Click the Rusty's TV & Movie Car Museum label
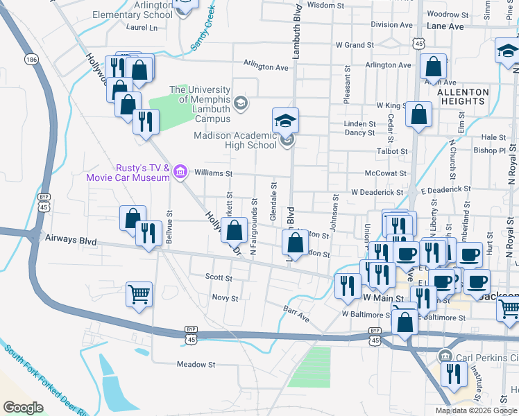pos(128,173)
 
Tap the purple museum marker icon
pos(181,171)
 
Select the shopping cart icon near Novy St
pos(139,295)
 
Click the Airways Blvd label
pos(69,238)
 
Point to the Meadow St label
pos(196,364)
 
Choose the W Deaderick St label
pos(377,191)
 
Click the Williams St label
pos(212,173)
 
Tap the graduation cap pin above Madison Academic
pos(285,121)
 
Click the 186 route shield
pos(31,60)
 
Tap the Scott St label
pos(219,277)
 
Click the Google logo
pos(23,408)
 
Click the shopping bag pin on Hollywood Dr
pos(235,229)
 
